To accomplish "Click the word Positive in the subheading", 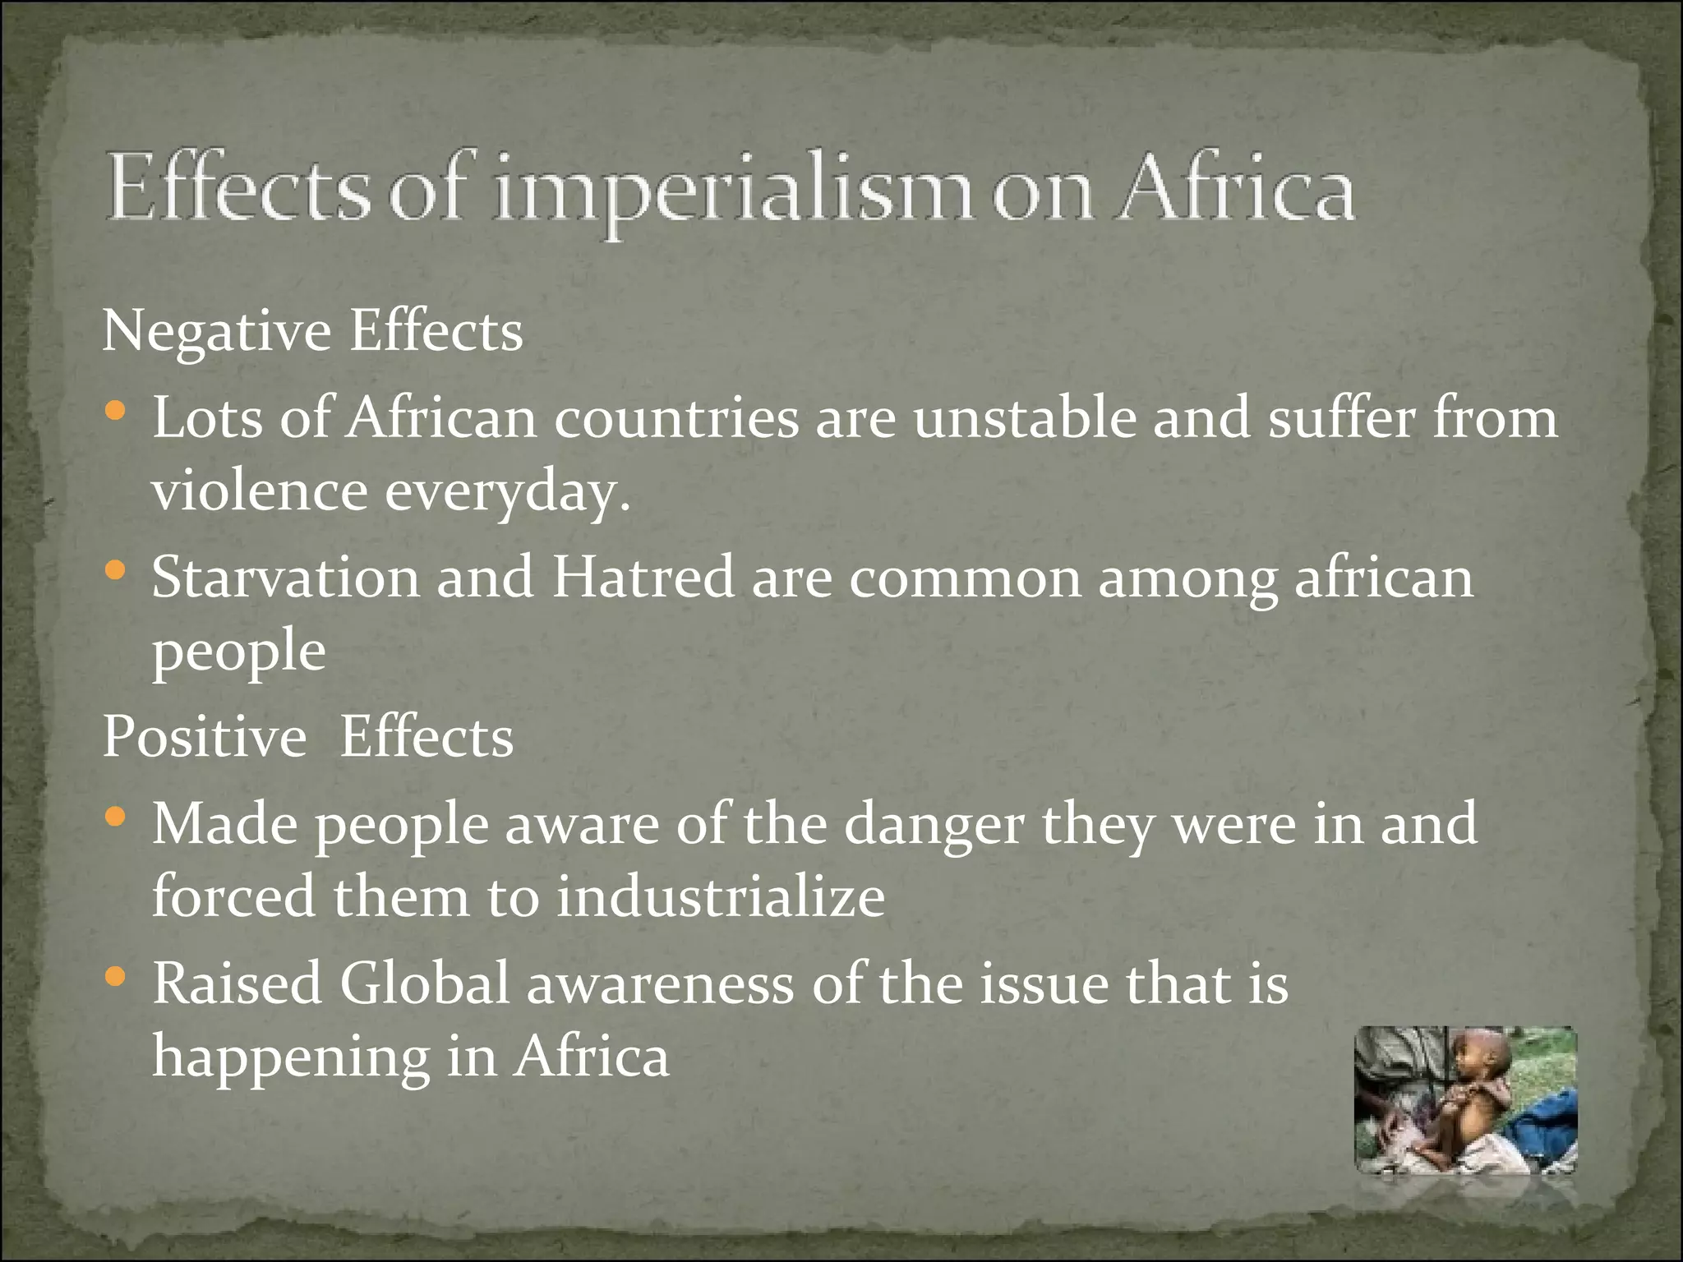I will pyautogui.click(x=205, y=737).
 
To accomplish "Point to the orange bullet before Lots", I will pyautogui.click(x=117, y=408).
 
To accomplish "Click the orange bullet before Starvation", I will pyautogui.click(x=117, y=568).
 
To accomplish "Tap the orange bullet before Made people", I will pyautogui.click(x=117, y=816).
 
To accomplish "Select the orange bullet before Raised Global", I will pyautogui.click(x=117, y=977).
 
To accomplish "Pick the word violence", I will pyautogui.click(x=260, y=491).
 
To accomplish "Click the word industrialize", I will pyautogui.click(x=721, y=897).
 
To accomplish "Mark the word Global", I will pyautogui.click(x=425, y=984).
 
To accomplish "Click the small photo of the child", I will pyautogui.click(x=1465, y=1099).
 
